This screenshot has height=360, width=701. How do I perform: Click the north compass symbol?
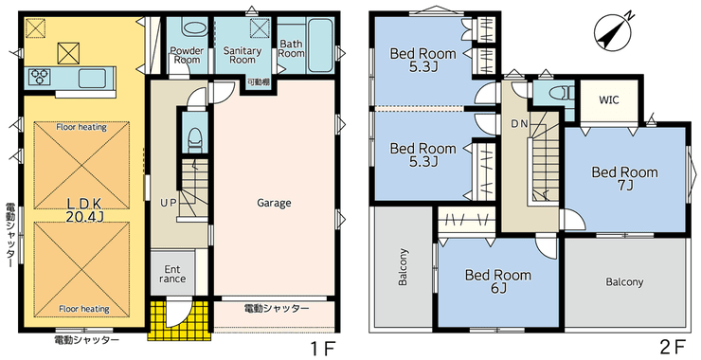pos(613,30)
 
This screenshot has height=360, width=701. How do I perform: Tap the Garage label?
pos(274,203)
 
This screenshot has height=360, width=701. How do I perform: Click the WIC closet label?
pos(609,100)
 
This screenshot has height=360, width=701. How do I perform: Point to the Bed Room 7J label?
pos(624,178)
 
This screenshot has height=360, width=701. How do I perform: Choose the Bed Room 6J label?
pos(498,281)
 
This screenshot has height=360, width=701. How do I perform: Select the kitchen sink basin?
pos(92,79)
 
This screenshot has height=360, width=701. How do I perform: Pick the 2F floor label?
pos(673,348)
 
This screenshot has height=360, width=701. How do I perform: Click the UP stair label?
pos(169,203)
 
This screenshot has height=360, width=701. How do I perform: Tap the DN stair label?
pos(519,124)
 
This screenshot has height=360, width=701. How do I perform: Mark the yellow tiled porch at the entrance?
pos(179,320)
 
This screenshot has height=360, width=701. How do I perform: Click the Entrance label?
pos(172,274)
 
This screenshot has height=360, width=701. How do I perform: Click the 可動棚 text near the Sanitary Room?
pos(258,81)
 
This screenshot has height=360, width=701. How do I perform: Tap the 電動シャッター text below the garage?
pos(277,309)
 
